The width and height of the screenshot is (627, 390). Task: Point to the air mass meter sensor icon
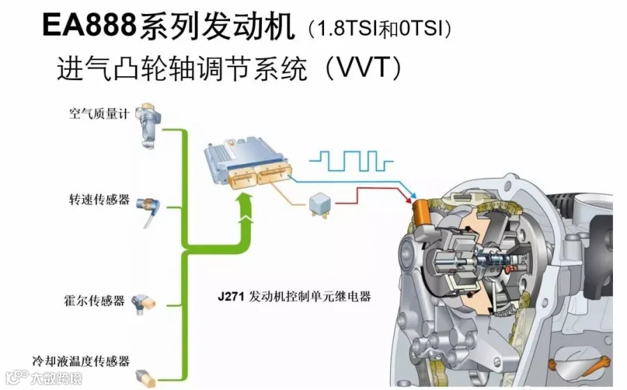tap(146, 123)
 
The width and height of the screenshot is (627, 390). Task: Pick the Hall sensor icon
tap(145, 301)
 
